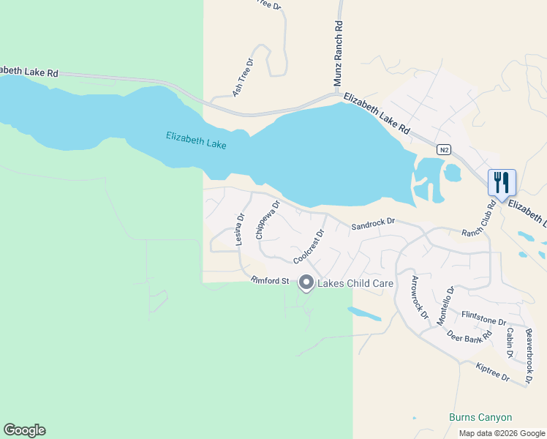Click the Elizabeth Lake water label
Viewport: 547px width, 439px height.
[x=196, y=140]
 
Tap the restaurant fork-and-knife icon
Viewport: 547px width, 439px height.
[x=502, y=182]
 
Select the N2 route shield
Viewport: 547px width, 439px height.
[x=443, y=149]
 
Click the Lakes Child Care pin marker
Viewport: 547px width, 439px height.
[x=306, y=282]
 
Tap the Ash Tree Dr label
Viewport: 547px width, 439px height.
[x=242, y=78]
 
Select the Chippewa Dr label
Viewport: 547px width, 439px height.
[x=268, y=220]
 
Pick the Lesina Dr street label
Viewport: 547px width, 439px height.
[x=239, y=229]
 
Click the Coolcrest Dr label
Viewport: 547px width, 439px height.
[x=309, y=247]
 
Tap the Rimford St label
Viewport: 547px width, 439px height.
[x=271, y=280]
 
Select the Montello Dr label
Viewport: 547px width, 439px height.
[x=445, y=306]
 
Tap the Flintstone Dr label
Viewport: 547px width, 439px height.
[x=483, y=318]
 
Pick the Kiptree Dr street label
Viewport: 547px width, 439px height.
[x=491, y=371]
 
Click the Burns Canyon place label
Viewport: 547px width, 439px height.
[x=480, y=417]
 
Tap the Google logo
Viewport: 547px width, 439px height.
[x=24, y=430]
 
